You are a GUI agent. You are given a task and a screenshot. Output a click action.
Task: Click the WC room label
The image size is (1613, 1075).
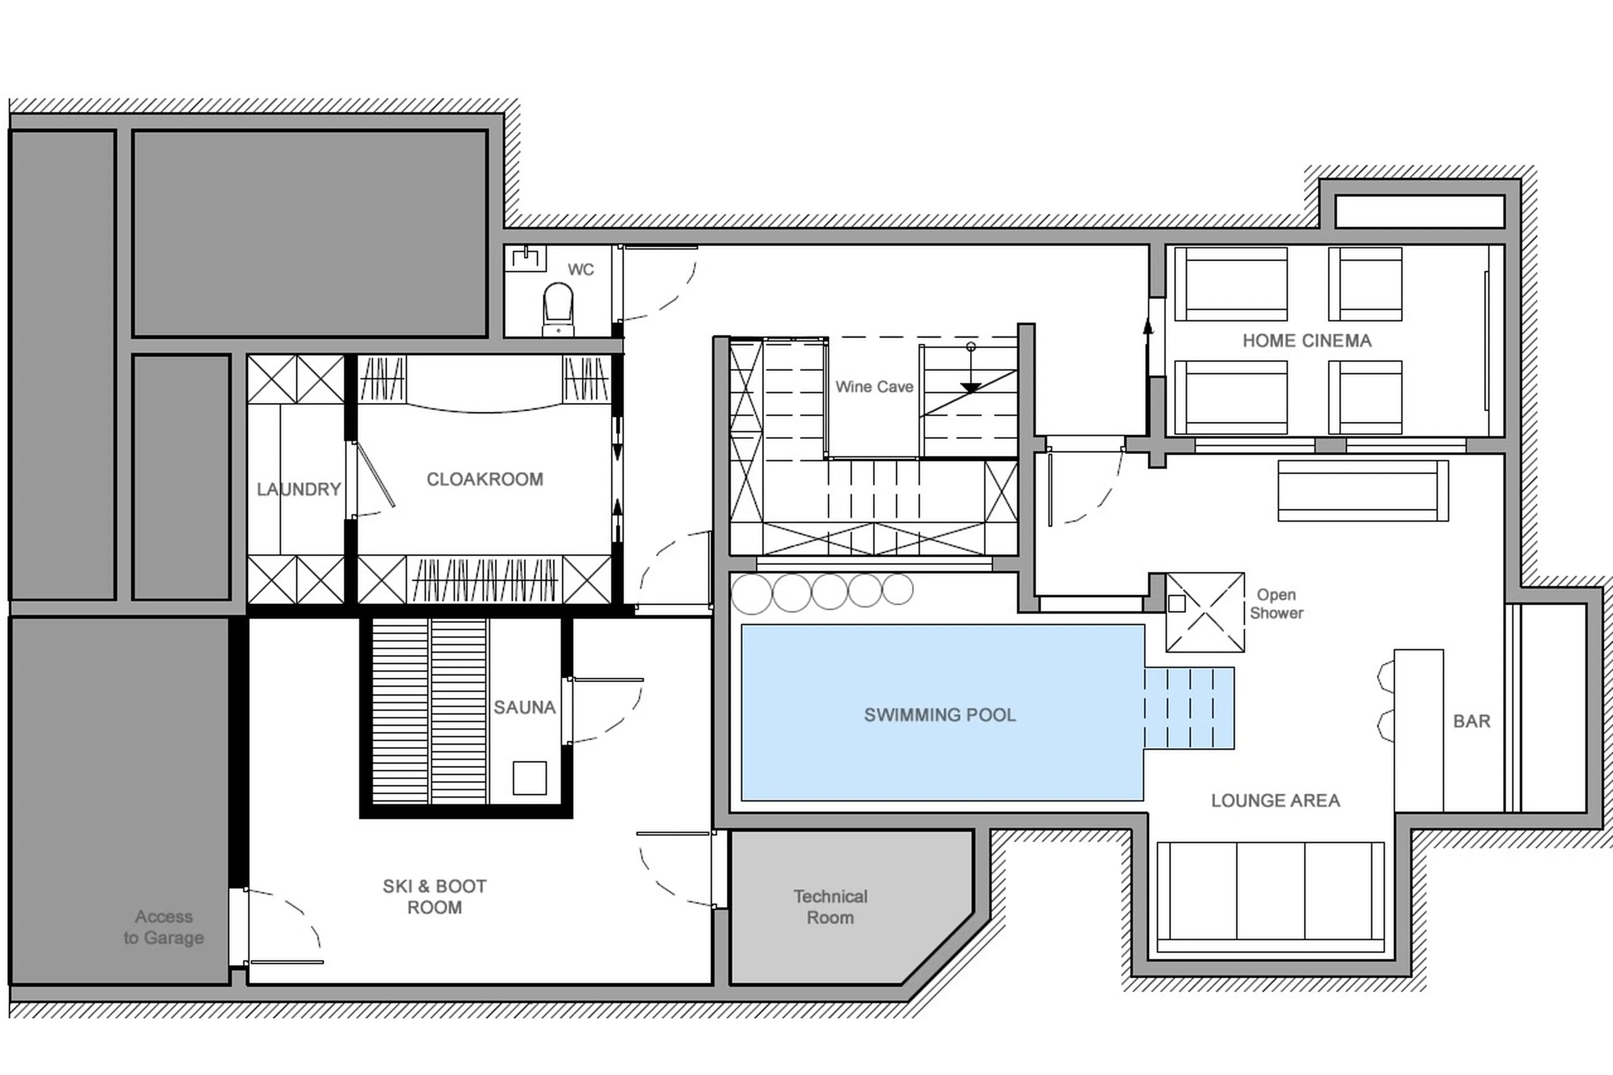pyautogui.click(x=580, y=269)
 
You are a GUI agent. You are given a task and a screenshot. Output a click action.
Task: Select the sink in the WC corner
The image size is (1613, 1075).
pyautogui.click(x=526, y=258)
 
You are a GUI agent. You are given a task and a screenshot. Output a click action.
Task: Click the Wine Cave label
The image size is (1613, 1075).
pyautogui.click(x=874, y=386)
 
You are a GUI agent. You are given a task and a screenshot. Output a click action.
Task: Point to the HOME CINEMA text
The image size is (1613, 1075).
pyautogui.click(x=1307, y=341)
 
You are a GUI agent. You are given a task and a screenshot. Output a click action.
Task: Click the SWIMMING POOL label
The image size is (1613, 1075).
pyautogui.click(x=939, y=715)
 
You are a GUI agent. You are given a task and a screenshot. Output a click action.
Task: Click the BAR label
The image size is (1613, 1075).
pyautogui.click(x=1471, y=721)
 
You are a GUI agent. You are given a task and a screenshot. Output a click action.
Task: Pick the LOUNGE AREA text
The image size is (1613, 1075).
pyautogui.click(x=1275, y=801)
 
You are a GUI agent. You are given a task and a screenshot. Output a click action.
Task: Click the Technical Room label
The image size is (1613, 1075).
pyautogui.click(x=830, y=907)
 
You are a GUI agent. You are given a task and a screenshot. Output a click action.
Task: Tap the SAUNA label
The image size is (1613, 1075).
pyautogui.click(x=524, y=707)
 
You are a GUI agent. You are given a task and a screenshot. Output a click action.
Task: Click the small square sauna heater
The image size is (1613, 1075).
pyautogui.click(x=529, y=778)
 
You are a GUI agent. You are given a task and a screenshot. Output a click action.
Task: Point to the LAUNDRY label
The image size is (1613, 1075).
pyautogui.click(x=298, y=489)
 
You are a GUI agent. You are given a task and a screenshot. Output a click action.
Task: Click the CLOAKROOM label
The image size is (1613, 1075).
pyautogui.click(x=485, y=479)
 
